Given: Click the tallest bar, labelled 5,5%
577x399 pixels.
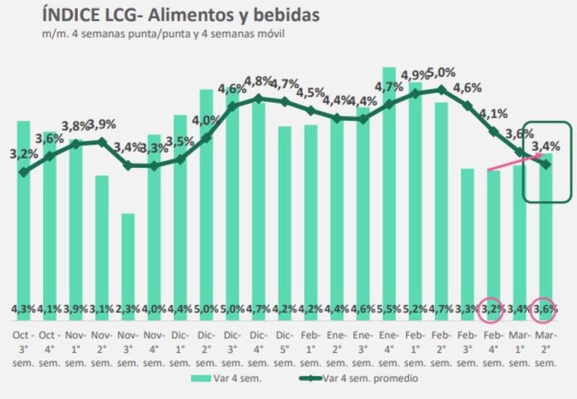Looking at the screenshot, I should pyautogui.click(x=389, y=180).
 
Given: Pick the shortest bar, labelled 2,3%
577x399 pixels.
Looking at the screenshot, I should pyautogui.click(x=128, y=260).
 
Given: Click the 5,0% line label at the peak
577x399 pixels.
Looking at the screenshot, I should pyautogui.click(x=441, y=72).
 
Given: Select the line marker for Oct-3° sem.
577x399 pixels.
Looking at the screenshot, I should pyautogui.click(x=24, y=172).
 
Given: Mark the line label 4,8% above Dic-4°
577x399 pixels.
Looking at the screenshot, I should pyautogui.click(x=258, y=81).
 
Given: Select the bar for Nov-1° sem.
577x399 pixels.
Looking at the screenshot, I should pyautogui.click(x=76, y=224).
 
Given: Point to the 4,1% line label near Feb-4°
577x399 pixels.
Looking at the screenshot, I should pyautogui.click(x=493, y=113).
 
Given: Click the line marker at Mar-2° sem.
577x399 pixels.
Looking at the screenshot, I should pyautogui.click(x=545, y=165).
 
